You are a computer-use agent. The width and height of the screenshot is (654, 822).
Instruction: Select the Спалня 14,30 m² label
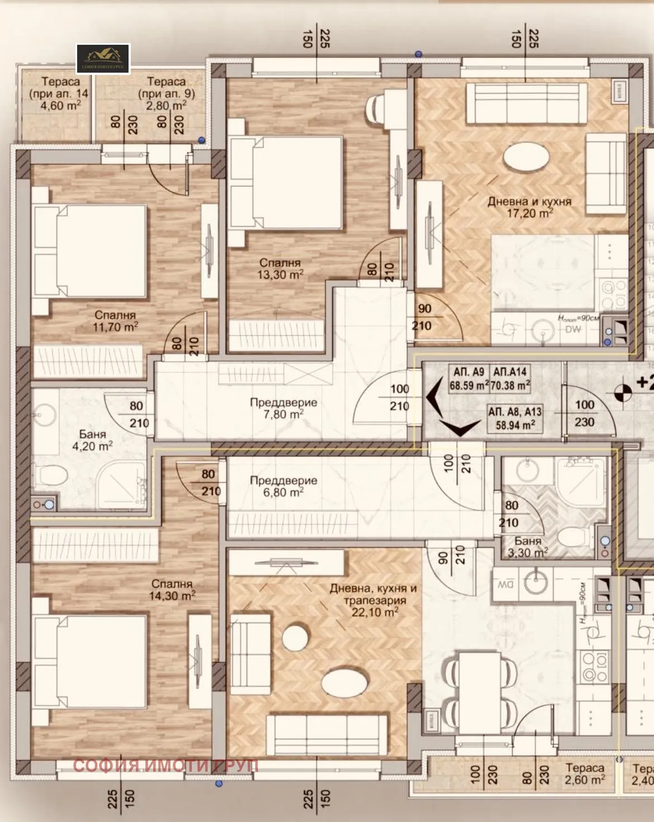pyautogui.click(x=172, y=590)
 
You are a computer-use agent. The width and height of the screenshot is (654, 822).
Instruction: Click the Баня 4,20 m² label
pyautogui.click(x=92, y=440)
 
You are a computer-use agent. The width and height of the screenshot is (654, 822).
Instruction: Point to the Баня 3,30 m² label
pyautogui.click(x=527, y=547)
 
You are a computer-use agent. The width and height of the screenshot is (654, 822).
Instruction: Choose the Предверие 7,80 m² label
pyautogui.click(x=283, y=408)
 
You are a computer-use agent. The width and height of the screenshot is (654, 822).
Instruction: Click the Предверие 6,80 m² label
pyautogui.click(x=283, y=486)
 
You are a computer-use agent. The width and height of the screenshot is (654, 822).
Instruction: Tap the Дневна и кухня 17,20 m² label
pyautogui.click(x=529, y=207)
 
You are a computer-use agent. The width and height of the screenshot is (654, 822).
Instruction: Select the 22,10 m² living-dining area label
pyautogui.click(x=373, y=600)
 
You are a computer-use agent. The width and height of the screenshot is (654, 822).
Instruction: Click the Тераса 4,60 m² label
pyautogui.click(x=60, y=93)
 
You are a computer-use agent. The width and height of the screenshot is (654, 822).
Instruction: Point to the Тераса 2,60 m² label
pyautogui.click(x=585, y=774)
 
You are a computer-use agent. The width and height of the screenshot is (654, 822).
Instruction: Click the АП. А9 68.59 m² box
pyautogui.click(x=468, y=379)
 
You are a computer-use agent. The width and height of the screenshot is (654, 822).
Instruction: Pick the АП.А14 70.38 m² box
pyautogui.click(x=510, y=379)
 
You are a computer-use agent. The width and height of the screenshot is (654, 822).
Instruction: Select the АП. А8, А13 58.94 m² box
pyautogui.click(x=514, y=418)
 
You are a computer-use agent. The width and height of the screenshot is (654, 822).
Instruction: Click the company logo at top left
pyautogui.click(x=103, y=59)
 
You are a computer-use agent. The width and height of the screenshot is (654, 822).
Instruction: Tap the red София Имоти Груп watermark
pyautogui.click(x=165, y=766)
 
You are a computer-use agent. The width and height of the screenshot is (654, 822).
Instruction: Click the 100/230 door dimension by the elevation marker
pyautogui.click(x=584, y=413)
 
